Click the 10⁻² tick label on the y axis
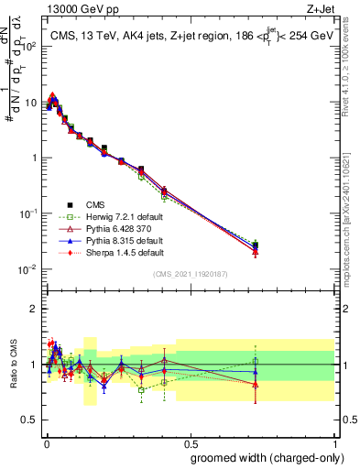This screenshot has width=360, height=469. click(28, 269)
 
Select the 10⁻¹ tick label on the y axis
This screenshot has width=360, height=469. click(28, 213)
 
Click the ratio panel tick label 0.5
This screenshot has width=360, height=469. click(30, 421)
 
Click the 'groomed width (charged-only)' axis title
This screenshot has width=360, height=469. click(263, 457)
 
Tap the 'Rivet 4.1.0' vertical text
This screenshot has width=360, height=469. click(352, 64)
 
